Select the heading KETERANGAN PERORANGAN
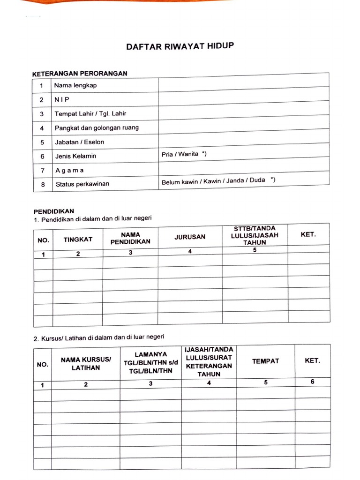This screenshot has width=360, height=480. point(80,74)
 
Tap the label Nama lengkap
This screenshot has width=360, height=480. point(75,85)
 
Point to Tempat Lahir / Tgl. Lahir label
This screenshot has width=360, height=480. point(90,113)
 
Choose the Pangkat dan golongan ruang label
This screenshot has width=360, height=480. point(97,127)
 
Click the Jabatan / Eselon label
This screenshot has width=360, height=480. point(79,142)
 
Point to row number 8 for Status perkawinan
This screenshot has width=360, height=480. point(43,185)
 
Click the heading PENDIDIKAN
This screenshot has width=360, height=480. point(54,211)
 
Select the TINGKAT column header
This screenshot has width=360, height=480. point(78,240)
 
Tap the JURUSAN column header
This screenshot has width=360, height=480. point(190,237)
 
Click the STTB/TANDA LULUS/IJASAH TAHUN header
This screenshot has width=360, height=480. point(255,235)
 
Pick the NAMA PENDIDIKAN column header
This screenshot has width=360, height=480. point(130,238)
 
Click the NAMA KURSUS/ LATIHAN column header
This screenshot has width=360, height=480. point(86,364)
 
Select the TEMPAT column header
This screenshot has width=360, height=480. point(265,361)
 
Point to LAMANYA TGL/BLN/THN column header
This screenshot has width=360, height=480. point(151,362)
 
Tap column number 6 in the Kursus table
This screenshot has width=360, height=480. point(312,382)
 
